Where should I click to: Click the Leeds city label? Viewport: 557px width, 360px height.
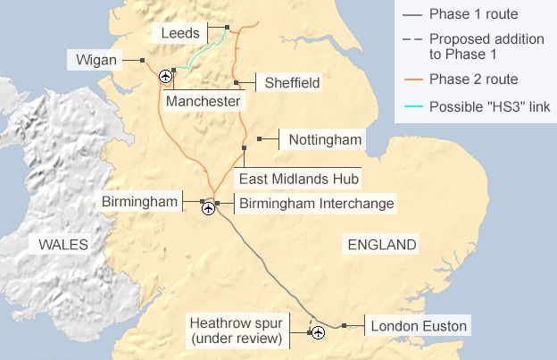[x=180, y=33]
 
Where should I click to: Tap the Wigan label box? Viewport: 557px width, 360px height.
[x=96, y=60]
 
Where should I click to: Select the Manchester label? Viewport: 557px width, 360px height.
[x=203, y=102]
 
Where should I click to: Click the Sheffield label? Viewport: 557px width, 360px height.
[x=292, y=83]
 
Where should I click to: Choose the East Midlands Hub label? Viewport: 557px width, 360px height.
[x=298, y=178]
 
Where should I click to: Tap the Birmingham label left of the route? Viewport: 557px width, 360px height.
[x=140, y=202]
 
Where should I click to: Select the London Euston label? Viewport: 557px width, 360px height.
[x=418, y=326]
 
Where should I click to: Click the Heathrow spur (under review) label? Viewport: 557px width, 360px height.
[x=238, y=330]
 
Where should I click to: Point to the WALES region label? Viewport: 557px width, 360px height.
[x=62, y=245]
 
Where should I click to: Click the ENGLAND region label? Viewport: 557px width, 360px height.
[x=382, y=245]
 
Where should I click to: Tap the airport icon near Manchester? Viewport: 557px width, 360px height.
[x=165, y=78]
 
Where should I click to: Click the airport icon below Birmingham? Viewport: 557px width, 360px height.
[x=208, y=209]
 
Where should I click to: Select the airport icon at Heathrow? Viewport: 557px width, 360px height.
[x=316, y=333]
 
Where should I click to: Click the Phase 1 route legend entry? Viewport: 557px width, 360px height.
[x=473, y=14]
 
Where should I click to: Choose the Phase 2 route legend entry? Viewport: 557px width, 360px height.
[x=473, y=80]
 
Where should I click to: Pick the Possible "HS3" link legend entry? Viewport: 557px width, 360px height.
[x=489, y=107]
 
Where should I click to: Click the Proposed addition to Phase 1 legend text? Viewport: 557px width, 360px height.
[x=486, y=47]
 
